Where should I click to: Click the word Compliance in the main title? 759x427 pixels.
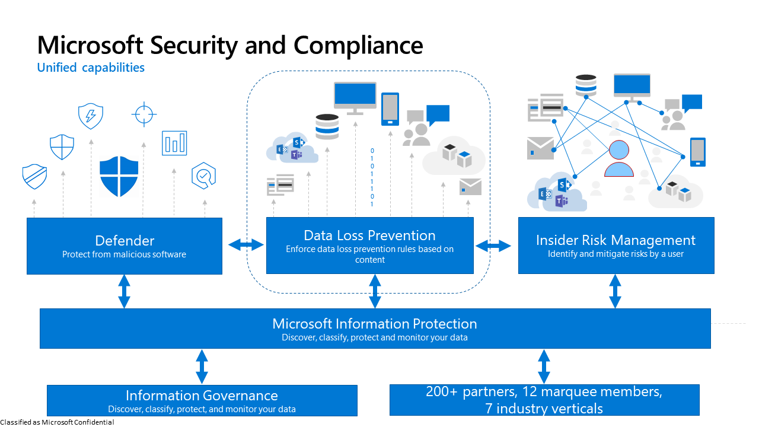358,46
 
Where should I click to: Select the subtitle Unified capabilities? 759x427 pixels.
91,68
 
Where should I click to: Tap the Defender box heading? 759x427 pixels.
125,240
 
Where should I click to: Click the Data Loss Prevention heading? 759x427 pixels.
369,235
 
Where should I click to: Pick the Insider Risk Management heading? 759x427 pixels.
616,240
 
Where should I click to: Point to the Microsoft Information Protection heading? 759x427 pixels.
374,324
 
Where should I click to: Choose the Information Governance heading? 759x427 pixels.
202,396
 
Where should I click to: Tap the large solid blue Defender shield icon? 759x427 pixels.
119,177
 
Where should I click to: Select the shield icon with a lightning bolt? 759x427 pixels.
91,116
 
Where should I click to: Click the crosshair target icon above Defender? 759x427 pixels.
144,114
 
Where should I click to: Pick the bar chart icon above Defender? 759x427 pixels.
174,143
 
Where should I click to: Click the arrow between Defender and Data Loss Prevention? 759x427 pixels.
246,244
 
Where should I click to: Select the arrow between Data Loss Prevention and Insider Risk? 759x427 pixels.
493,245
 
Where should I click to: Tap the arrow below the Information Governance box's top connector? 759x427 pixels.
202,367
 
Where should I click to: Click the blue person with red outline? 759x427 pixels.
619,159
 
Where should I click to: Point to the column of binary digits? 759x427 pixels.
372,177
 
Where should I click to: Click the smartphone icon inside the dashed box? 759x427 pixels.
390,109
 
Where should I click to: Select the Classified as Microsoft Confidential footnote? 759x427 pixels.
57,422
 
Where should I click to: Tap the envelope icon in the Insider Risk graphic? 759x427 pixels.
540,148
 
